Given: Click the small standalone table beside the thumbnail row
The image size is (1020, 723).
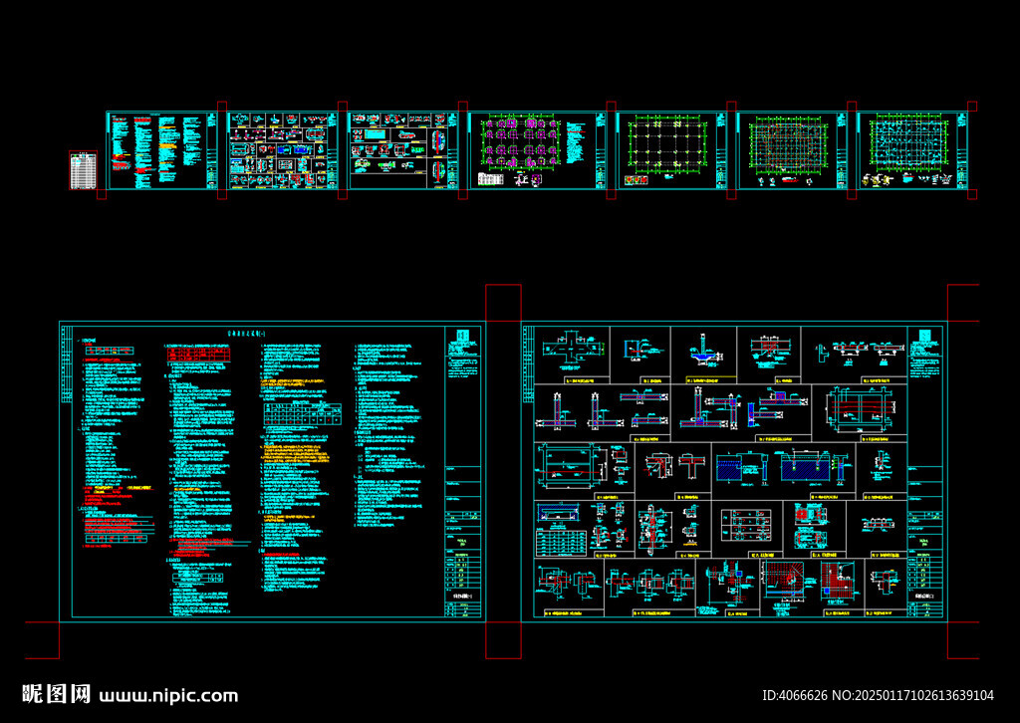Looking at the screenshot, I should [84, 169].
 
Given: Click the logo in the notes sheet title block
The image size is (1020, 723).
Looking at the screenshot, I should [460, 337].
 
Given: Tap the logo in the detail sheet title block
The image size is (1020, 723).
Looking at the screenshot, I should [925, 337].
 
